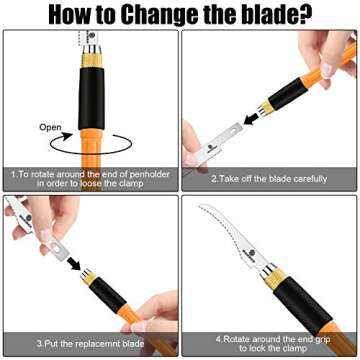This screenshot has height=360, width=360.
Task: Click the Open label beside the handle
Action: [50, 128]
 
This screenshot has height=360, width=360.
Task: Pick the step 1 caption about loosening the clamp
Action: [90, 178]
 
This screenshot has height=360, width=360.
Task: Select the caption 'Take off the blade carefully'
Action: [270, 178]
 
